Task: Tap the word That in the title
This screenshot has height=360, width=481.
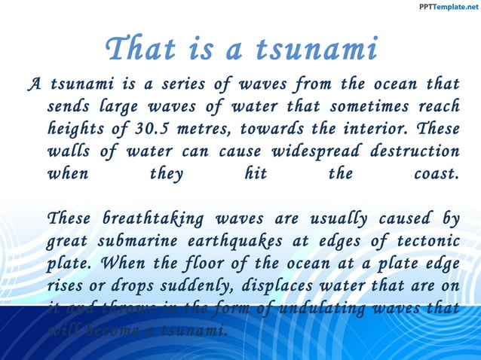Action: pos(139,50)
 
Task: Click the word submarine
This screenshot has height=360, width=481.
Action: pos(141,241)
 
